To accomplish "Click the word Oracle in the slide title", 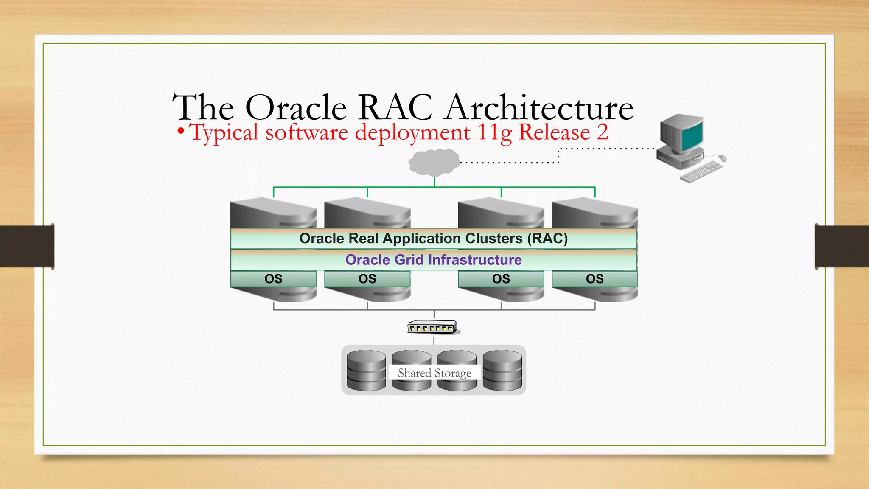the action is click(296, 108).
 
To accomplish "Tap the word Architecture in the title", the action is click(540, 108).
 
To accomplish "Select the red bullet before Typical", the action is click(181, 131).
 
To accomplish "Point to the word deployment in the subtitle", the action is click(412, 132).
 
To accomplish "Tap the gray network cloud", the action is click(434, 162).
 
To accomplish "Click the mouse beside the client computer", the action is click(722, 158).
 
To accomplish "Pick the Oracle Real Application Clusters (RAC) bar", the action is click(433, 239).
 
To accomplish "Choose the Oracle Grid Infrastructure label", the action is click(433, 260).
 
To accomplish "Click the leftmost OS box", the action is click(273, 279).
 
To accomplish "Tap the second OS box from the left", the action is click(367, 279).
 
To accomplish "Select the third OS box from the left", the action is click(501, 279).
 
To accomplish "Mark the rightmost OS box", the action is click(594, 279).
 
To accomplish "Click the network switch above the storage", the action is click(432, 328).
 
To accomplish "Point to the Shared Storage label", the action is click(434, 373).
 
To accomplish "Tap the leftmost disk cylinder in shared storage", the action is click(366, 370).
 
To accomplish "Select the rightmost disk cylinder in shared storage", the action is click(502, 370).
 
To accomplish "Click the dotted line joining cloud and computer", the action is click(509, 163).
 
